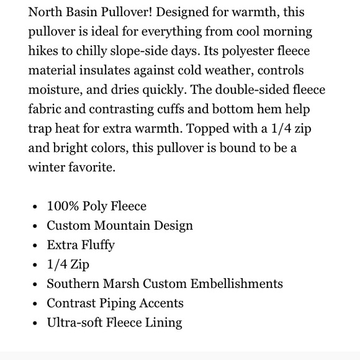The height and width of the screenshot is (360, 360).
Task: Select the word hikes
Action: (45, 50)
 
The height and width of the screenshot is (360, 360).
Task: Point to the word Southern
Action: (72, 284)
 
